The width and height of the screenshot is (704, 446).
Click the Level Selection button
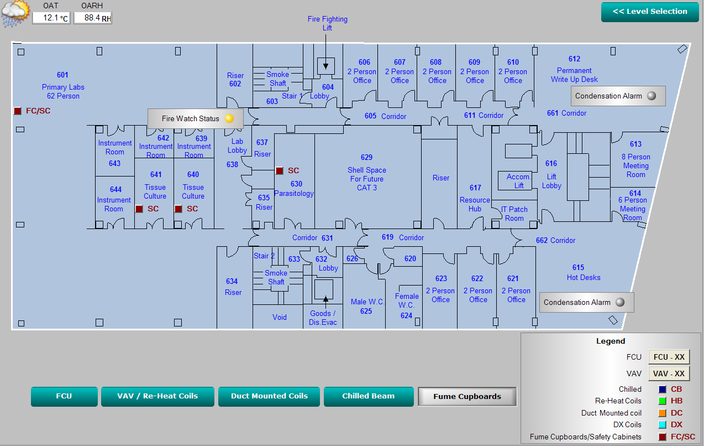click(650, 12)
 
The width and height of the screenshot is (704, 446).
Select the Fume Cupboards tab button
click(467, 396)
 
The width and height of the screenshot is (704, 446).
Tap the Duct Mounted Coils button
click(269, 396)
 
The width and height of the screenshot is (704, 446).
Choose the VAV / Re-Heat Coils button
click(157, 396)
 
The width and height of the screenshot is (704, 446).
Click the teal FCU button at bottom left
click(64, 396)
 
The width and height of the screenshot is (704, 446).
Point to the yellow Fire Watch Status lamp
click(229, 118)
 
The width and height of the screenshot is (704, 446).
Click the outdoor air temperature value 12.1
click(50, 18)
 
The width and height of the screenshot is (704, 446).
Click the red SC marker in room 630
click(280, 170)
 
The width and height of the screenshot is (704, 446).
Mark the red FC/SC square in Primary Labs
click(18, 111)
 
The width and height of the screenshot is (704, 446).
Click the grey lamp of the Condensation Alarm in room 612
click(652, 96)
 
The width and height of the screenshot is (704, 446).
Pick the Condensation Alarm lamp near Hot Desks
click(620, 302)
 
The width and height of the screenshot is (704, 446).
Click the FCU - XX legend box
click(669, 357)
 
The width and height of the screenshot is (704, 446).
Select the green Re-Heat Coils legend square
click(662, 401)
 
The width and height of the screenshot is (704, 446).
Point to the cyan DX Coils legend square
click(662, 424)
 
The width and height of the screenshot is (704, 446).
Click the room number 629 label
click(366, 157)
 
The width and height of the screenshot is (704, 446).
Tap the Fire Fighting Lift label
click(328, 23)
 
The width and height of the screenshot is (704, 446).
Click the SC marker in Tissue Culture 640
click(178, 209)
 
